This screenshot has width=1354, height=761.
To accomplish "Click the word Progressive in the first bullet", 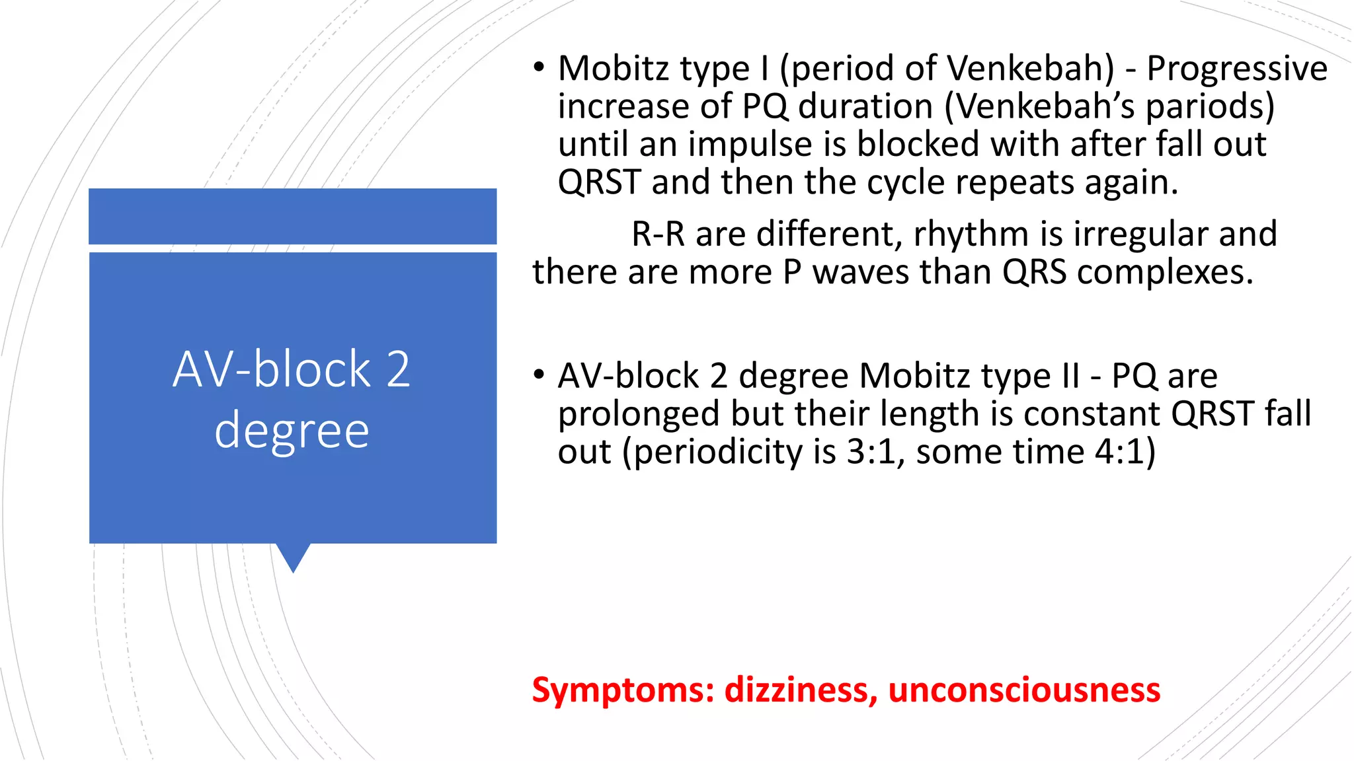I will tap(1236, 69).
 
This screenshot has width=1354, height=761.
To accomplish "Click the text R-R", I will tap(658, 235).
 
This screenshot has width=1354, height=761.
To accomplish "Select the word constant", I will tap(1092, 415).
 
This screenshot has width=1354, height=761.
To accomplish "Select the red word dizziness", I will tap(801, 690).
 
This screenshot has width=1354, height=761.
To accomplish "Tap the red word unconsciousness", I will tap(1024, 690).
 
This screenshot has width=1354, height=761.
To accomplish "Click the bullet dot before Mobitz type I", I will tap(539, 67).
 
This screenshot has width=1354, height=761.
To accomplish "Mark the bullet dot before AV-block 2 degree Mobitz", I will tap(539, 375).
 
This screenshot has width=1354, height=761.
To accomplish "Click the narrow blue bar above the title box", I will tap(292, 216).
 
